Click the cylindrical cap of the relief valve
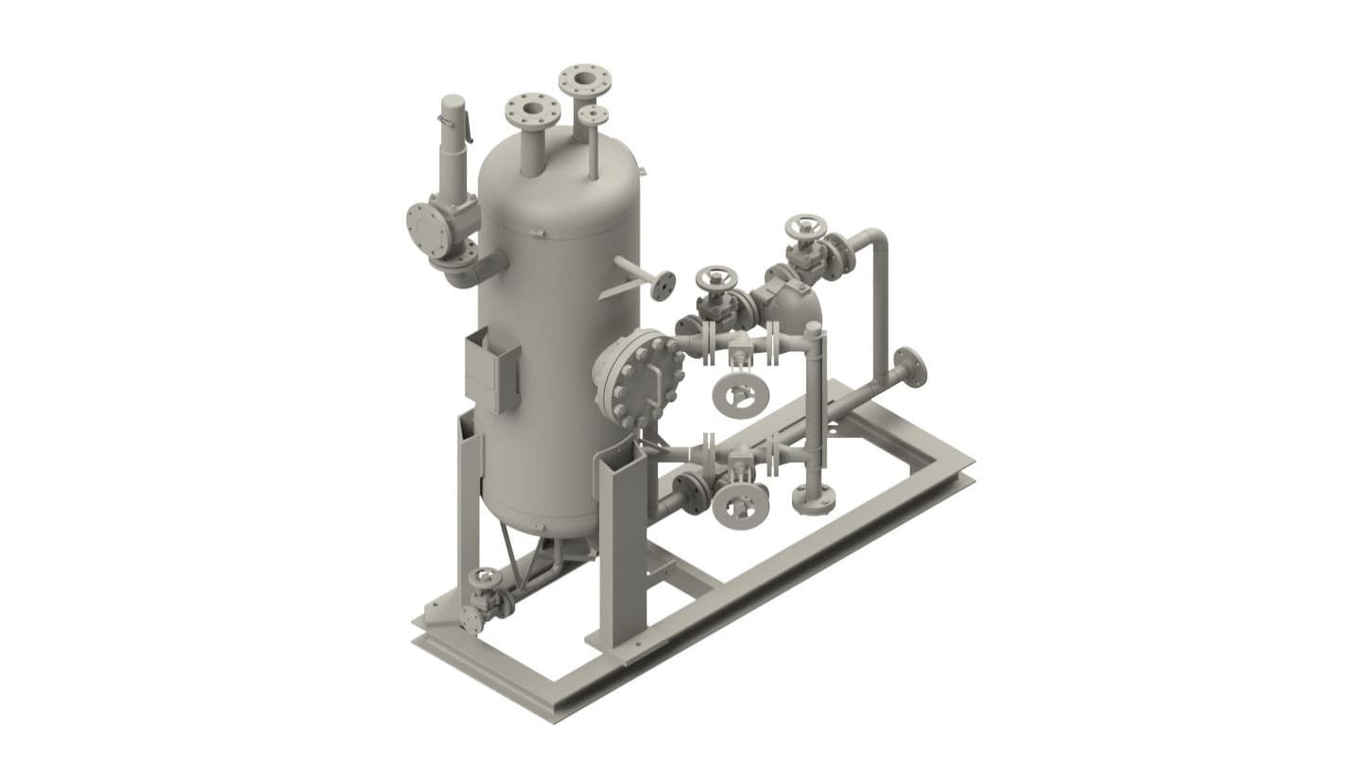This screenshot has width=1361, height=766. pyautogui.click(x=455, y=113)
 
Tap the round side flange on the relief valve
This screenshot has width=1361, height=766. pyautogui.click(x=421, y=227)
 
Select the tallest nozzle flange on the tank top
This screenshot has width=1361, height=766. pyautogui.click(x=583, y=78)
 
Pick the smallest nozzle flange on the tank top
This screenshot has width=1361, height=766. pyautogui.click(x=594, y=114)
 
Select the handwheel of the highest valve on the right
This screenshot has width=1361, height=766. pyautogui.click(x=805, y=227)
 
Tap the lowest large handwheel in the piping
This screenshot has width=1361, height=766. pyautogui.click(x=738, y=506)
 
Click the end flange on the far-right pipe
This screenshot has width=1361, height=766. pyautogui.click(x=910, y=367)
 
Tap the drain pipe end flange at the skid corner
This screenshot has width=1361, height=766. pyautogui.click(x=472, y=620)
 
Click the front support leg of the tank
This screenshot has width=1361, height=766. pyautogui.click(x=622, y=548)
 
